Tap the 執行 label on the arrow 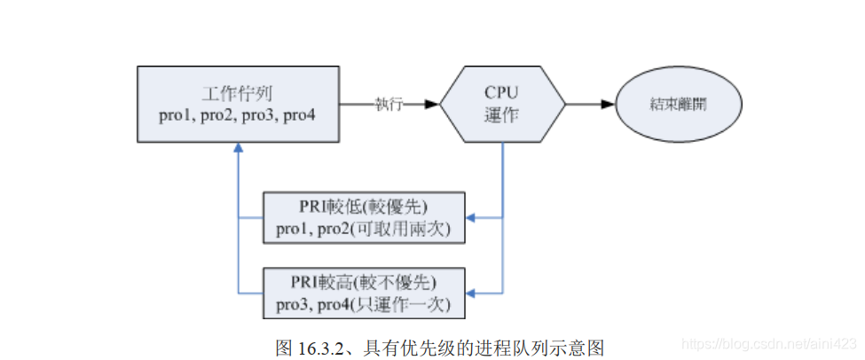click(389, 105)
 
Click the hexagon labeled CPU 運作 click(503, 104)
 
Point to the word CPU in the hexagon click(503, 92)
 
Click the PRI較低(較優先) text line click(364, 209)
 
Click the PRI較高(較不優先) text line click(364, 283)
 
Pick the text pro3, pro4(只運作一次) click(364, 304)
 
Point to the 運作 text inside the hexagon click(503, 115)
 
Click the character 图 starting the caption click(284, 344)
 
